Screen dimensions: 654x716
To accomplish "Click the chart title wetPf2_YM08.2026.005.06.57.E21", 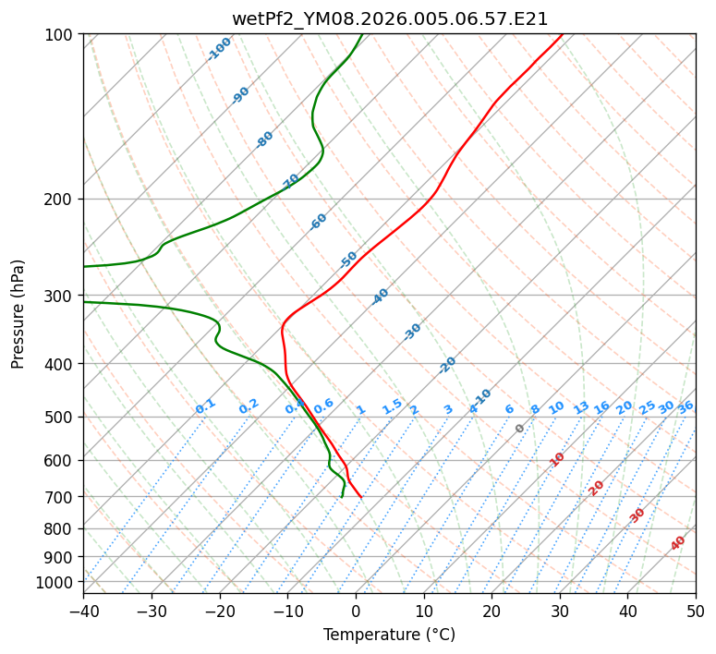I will (389, 18).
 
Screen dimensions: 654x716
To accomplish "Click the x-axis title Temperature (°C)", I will (389, 636).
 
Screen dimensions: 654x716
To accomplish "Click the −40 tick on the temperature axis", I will (83, 611).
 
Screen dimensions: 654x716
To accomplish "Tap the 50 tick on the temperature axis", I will (696, 611).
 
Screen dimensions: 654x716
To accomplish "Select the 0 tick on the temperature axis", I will (356, 611).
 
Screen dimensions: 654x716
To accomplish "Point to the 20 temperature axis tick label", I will (491, 611).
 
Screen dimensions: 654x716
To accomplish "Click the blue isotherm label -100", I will (220, 49).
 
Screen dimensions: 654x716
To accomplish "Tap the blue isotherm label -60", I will (319, 222).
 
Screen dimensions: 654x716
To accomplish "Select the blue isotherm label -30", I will (413, 332).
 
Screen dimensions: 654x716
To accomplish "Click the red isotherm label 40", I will (678, 542).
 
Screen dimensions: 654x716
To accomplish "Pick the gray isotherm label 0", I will (520, 429).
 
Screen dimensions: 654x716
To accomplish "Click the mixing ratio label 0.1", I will (205, 406).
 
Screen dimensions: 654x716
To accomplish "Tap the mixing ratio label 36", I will (686, 406).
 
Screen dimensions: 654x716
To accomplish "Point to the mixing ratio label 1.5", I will (392, 406).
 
